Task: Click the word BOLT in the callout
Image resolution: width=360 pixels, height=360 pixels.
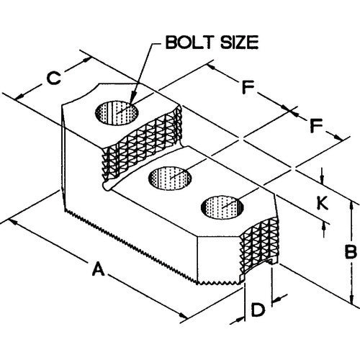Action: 186,42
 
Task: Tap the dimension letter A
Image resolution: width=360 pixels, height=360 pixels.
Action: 99,269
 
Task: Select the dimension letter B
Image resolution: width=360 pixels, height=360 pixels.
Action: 350,252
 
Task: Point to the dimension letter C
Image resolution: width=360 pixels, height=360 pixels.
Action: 53,78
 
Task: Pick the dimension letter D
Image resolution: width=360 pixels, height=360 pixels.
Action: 258,310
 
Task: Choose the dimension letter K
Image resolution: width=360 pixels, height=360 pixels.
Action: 323,203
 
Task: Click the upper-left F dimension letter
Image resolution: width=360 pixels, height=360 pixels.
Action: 248,88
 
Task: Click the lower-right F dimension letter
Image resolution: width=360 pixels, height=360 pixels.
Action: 316,125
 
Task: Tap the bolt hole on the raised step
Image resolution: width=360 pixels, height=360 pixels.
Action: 117,112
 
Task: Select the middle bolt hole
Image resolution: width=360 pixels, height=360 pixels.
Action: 170,178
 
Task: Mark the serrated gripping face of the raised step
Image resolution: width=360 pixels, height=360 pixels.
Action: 142,144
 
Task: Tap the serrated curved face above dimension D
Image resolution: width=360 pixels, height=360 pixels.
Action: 258,247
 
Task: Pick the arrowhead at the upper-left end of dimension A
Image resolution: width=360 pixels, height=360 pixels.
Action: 15,222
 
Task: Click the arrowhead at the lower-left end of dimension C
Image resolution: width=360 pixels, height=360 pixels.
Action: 20,96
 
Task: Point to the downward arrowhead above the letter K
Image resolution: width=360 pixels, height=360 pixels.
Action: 323,178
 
